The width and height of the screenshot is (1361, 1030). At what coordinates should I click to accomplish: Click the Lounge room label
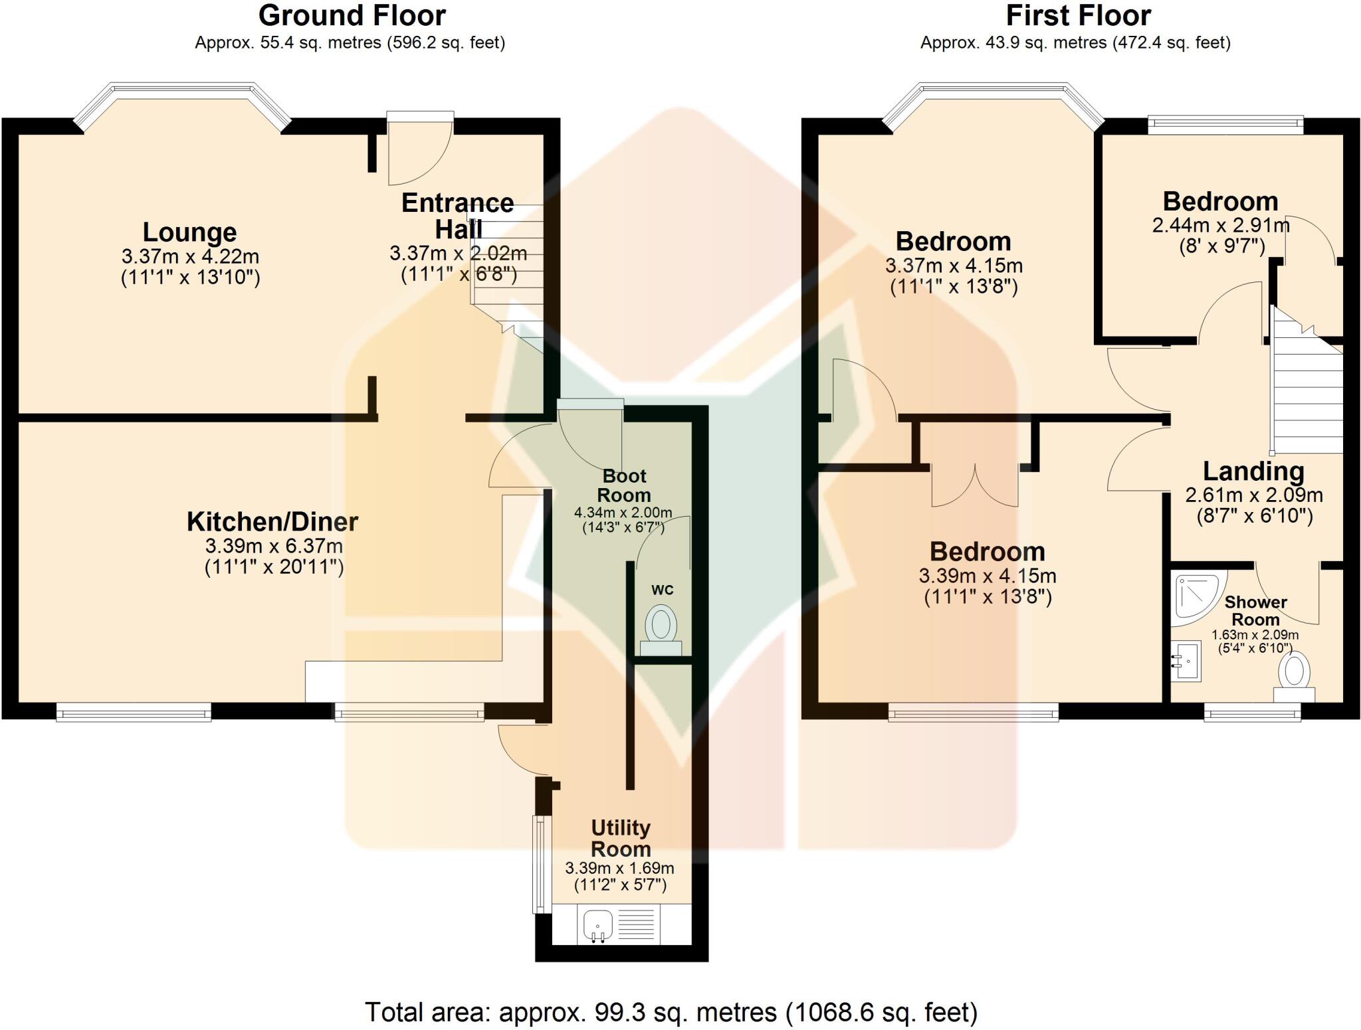(x=190, y=232)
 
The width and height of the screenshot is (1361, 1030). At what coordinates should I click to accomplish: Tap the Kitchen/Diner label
(x=272, y=522)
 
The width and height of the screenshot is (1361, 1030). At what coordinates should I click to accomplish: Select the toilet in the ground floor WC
(x=661, y=630)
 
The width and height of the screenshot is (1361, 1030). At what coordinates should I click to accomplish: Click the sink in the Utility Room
(x=597, y=926)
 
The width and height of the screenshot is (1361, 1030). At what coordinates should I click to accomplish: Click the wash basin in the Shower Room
(x=1186, y=661)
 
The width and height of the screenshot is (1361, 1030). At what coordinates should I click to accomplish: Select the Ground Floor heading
(x=352, y=15)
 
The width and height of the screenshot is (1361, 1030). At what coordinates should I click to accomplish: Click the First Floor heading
(x=1079, y=15)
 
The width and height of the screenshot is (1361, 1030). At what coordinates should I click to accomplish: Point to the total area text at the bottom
(x=671, y=1013)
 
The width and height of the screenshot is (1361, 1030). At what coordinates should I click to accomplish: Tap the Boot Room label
(x=624, y=485)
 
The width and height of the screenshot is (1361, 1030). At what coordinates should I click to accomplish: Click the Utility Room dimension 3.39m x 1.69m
(x=619, y=868)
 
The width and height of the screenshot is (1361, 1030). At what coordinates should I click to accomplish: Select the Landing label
(x=1253, y=472)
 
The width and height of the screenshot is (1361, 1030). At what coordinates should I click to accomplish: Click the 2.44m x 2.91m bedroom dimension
(x=1221, y=225)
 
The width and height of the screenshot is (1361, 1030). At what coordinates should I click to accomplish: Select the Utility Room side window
(x=541, y=864)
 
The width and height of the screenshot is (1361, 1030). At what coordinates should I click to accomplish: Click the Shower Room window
(x=1253, y=715)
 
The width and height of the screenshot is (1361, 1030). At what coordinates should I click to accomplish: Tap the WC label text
(x=663, y=590)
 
